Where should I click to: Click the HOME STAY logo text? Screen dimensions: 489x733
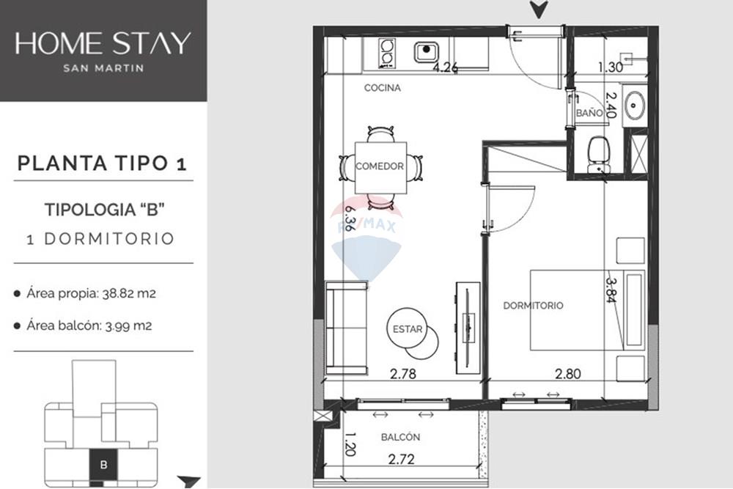(103, 43)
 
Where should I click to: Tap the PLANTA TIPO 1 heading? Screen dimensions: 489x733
(102, 163)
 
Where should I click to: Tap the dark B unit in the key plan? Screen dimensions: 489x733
(103, 463)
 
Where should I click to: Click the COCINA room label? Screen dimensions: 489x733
(383, 88)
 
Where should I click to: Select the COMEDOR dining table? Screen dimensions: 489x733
(380, 166)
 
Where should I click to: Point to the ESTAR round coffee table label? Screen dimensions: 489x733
(407, 329)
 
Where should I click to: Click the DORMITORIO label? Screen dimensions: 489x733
(533, 305)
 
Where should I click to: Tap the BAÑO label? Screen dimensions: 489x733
(589, 114)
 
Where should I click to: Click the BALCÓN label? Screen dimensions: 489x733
(400, 437)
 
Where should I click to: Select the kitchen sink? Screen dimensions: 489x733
(426, 52)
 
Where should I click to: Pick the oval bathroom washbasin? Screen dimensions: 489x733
(634, 105)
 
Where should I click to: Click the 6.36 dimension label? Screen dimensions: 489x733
(350, 218)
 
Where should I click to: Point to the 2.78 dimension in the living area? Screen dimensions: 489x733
(402, 374)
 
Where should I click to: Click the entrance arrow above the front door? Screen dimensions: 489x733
(539, 10)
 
